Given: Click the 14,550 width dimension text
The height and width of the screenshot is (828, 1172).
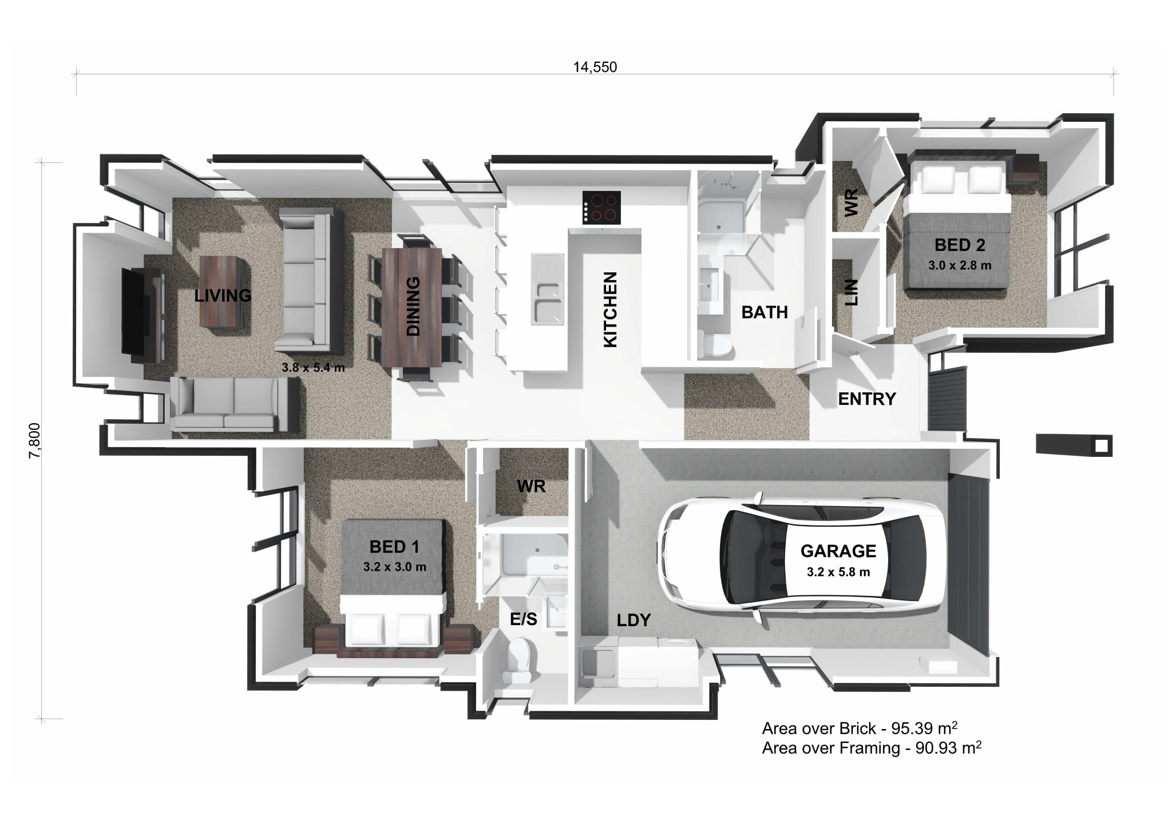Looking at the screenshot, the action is click(595, 67).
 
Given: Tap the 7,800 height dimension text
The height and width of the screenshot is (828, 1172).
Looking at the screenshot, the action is click(35, 440).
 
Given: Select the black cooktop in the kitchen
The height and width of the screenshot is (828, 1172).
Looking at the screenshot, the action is click(601, 208).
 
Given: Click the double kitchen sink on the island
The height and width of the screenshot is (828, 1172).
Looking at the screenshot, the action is click(547, 289).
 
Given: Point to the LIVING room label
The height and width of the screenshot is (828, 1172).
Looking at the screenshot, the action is click(223, 296).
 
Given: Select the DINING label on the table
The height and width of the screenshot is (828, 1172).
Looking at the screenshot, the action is click(413, 306).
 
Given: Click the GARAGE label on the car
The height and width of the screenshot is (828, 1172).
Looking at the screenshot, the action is click(838, 551).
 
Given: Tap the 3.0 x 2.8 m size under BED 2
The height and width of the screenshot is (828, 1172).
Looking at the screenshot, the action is click(960, 266).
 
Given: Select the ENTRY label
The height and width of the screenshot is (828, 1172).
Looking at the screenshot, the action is click(866, 399).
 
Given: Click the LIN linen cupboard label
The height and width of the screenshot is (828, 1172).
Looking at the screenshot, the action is click(852, 292).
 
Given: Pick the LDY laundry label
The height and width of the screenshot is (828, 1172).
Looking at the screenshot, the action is click(633, 620).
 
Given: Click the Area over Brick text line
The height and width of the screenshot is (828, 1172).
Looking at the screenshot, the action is click(860, 729).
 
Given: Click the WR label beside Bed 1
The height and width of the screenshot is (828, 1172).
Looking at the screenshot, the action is click(530, 487).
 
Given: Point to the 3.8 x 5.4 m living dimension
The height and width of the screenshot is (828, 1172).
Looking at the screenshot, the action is click(313, 368).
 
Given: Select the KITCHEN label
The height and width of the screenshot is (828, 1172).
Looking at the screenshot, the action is click(611, 309).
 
